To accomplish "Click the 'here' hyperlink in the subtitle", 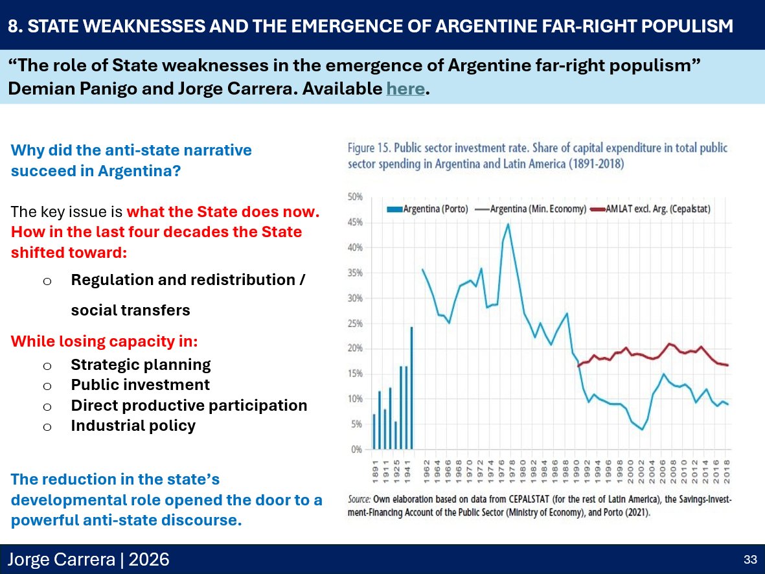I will point(406,89).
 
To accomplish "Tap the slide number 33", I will point(750,559).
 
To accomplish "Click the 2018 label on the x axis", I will point(727,467).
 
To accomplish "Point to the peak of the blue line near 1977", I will point(508,224).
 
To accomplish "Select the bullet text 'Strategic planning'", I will point(141,365).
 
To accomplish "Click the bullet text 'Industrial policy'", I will point(133,426).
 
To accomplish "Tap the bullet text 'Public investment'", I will point(140,385).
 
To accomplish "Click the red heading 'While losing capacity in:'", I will point(104,341).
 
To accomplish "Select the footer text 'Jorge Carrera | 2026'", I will point(88,559).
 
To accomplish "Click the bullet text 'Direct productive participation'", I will point(188,406).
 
